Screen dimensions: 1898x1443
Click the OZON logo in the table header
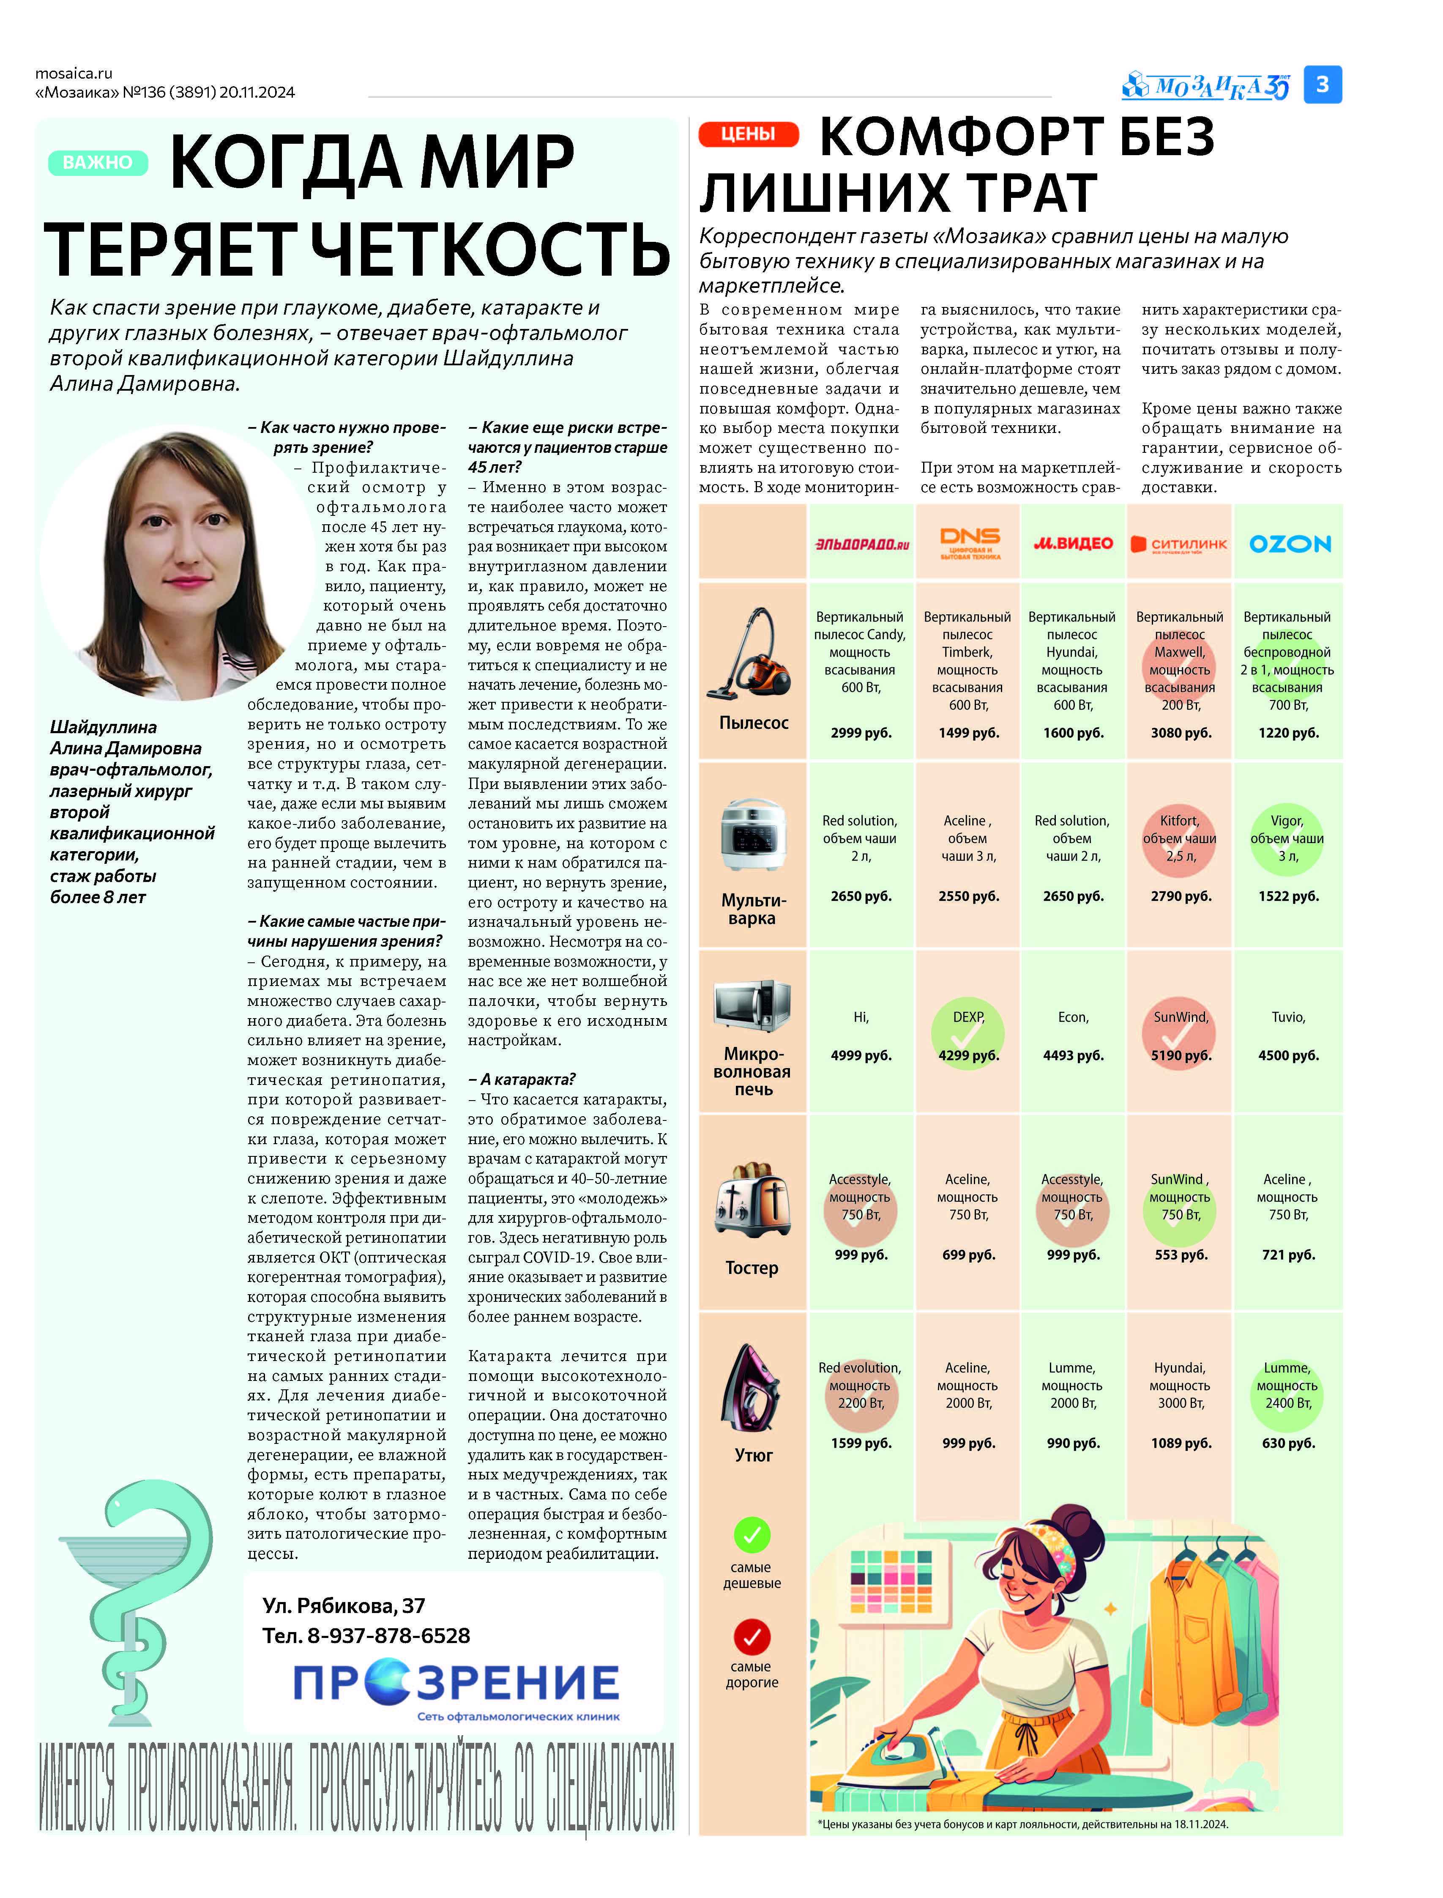(x=1289, y=544)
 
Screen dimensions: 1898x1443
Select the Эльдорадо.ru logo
(x=861, y=544)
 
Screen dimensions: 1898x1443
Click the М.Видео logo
(x=1073, y=543)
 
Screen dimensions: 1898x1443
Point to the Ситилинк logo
(x=1179, y=544)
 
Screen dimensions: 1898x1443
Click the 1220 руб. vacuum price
(x=1288, y=733)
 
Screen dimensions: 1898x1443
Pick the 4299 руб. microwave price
(x=968, y=1055)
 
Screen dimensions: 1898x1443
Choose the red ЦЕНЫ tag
(x=748, y=134)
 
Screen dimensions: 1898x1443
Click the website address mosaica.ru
(x=74, y=73)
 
